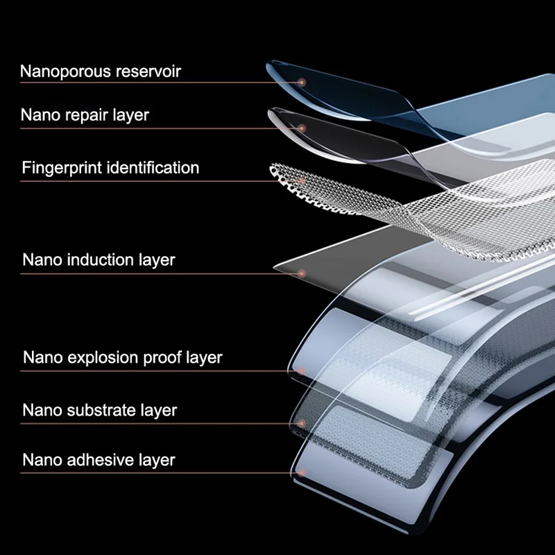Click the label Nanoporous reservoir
[101, 71]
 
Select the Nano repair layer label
[85, 114]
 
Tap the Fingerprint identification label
[110, 168]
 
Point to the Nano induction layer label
[99, 260]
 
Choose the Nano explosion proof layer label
[122, 358]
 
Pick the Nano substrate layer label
[99, 410]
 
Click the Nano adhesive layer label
[99, 459]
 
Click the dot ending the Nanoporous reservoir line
[302, 82]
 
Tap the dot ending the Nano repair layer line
[302, 127]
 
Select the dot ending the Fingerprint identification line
[302, 180]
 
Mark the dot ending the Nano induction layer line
[302, 273]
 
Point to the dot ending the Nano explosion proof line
[302, 370]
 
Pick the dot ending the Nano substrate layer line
[302, 422]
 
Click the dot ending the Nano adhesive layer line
[302, 472]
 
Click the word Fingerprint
[61, 168]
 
